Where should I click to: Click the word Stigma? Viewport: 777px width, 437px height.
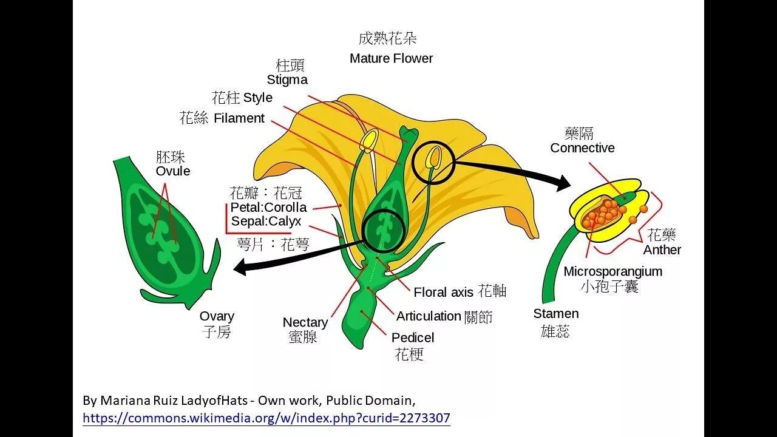pyautogui.click(x=287, y=80)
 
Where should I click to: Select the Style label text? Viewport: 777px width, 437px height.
pyautogui.click(x=257, y=98)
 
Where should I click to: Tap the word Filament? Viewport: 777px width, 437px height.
pyautogui.click(x=239, y=118)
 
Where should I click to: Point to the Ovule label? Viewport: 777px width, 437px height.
pyautogui.click(x=173, y=171)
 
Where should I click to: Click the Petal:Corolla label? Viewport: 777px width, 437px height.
pyautogui.click(x=269, y=208)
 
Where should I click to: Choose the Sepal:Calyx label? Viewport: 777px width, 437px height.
pyautogui.click(x=266, y=222)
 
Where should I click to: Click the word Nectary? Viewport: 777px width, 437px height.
pyautogui.click(x=305, y=322)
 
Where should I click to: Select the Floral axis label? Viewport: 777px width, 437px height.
pyautogui.click(x=443, y=293)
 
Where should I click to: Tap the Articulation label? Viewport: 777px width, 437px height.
pyautogui.click(x=429, y=316)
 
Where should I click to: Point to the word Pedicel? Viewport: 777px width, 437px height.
pyautogui.click(x=413, y=337)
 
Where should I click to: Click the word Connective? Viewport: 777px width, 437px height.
pyautogui.click(x=582, y=148)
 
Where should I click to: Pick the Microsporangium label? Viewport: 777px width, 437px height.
pyautogui.click(x=612, y=271)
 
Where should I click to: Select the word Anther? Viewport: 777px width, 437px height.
pyautogui.click(x=662, y=250)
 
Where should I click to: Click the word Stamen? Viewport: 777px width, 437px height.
pyautogui.click(x=556, y=314)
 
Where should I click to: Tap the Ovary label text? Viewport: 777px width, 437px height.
pyautogui.click(x=217, y=316)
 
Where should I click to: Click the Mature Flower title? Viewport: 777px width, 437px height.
pyautogui.click(x=392, y=59)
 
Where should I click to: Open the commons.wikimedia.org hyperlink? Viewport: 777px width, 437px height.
pyautogui.click(x=266, y=418)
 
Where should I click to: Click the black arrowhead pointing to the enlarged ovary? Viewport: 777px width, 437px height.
pyautogui.click(x=240, y=266)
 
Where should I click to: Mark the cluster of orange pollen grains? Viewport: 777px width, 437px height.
pyautogui.click(x=603, y=213)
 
